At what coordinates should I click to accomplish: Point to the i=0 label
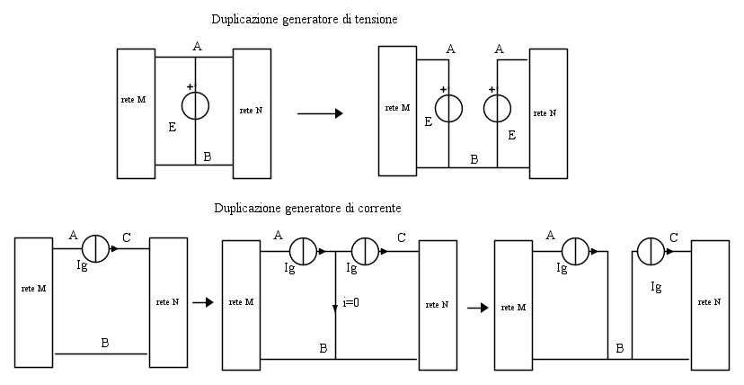coord(351,303)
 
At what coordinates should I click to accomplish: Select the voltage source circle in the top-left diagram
coord(195,106)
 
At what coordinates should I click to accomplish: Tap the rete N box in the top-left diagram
coord(252,111)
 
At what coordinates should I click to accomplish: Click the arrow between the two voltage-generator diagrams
coord(320,113)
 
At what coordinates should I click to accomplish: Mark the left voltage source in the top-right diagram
coord(447,107)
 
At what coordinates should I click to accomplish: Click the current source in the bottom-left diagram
coord(95,248)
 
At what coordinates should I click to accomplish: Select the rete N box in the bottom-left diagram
coord(168,301)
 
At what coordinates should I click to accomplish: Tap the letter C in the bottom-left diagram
coord(127,237)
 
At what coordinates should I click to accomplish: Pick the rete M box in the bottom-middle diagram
coord(241,303)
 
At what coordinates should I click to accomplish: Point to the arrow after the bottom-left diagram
coord(202,303)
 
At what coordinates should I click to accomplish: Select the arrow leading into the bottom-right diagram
coord(476,308)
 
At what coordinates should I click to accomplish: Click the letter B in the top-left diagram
coord(208,157)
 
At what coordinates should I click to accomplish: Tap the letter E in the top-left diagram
coord(172,128)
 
